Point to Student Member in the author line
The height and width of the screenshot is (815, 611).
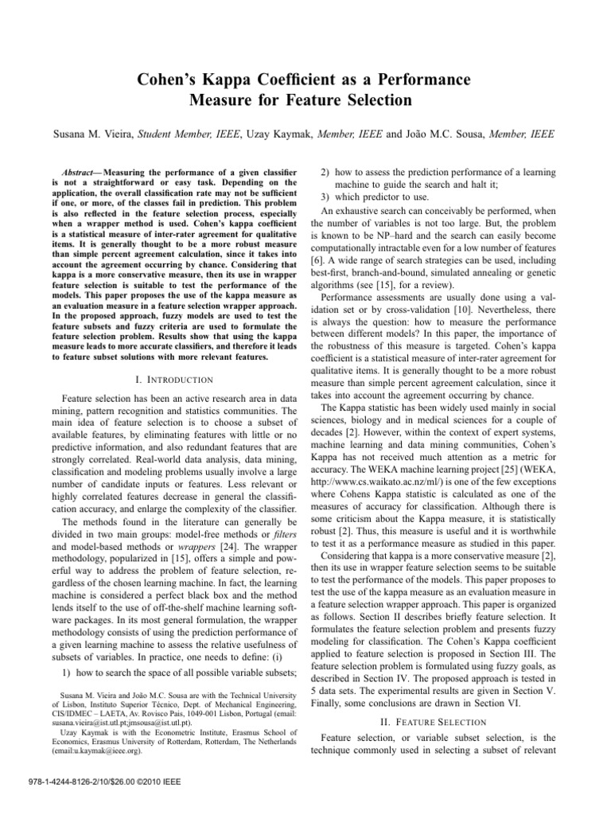pos(179,136)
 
